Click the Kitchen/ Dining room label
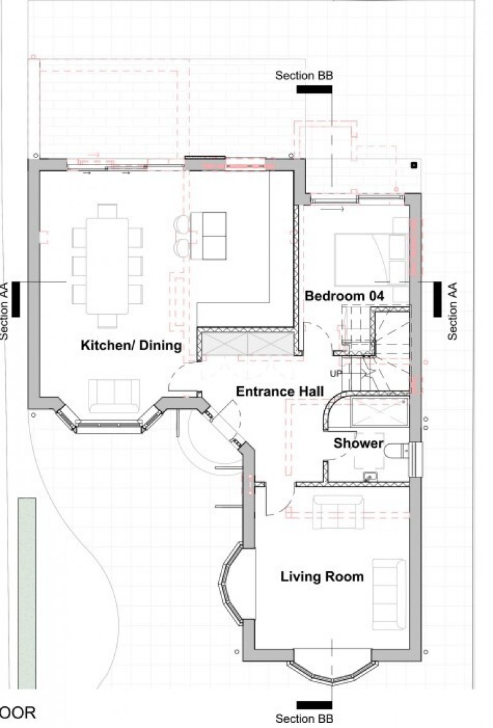[x=131, y=346]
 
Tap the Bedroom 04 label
[x=344, y=296]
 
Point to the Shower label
[x=358, y=443]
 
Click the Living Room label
[x=322, y=576]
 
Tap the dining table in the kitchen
[x=107, y=265]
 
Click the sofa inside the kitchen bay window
[x=114, y=395]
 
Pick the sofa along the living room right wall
[x=389, y=594]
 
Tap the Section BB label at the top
[x=304, y=75]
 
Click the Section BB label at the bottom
[x=304, y=718]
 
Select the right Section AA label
[x=453, y=311]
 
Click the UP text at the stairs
[x=335, y=373]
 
